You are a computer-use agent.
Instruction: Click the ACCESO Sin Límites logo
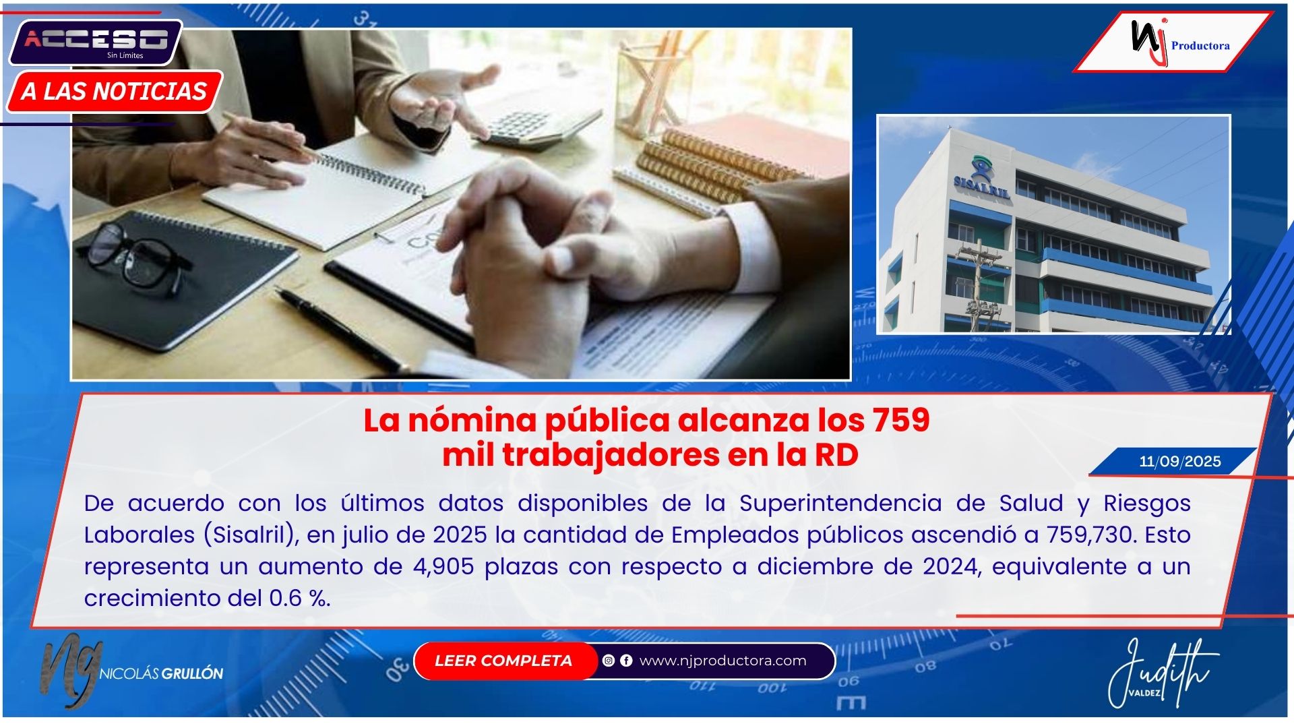click(x=96, y=42)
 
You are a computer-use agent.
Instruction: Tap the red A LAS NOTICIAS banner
click(x=114, y=91)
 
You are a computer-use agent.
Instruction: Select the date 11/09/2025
click(x=1180, y=462)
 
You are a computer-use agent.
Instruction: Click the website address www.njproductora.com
click(x=722, y=661)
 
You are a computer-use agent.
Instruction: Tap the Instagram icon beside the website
click(x=609, y=661)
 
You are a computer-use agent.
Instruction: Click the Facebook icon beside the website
click(x=626, y=661)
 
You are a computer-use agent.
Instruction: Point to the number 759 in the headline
click(x=901, y=420)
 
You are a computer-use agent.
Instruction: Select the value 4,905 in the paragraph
click(x=443, y=566)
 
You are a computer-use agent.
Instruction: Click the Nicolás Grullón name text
click(x=161, y=673)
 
